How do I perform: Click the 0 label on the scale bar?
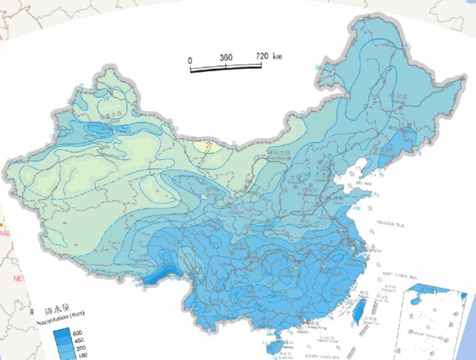tap(191, 59)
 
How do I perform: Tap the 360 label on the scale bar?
tap(226, 57)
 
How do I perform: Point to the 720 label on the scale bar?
tap(262, 56)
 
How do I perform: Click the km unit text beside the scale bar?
tap(277, 56)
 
